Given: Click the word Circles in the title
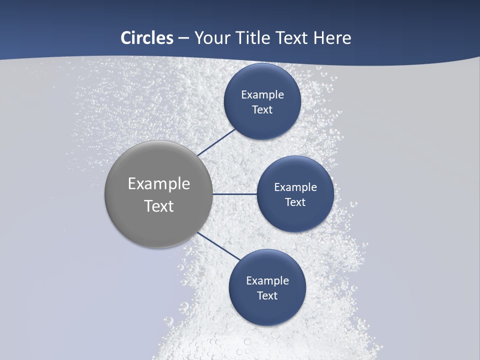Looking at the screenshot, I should (x=146, y=38).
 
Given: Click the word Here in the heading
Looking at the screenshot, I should (x=332, y=38).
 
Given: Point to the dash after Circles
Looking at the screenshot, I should (x=183, y=38).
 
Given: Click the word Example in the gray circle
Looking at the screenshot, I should (x=158, y=184).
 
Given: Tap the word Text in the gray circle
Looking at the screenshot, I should (x=158, y=206).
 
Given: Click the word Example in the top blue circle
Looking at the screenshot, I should (x=262, y=95).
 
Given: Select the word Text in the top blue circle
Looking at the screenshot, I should (x=262, y=109).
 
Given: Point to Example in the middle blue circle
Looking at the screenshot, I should (x=295, y=187).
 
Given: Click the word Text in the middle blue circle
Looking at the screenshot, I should (x=295, y=202).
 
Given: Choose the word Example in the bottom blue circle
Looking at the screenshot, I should (x=267, y=281).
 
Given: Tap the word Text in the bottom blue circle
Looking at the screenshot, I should (x=267, y=295).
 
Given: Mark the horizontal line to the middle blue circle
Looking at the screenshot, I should (x=234, y=194).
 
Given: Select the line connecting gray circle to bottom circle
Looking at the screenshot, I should (x=218, y=246).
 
